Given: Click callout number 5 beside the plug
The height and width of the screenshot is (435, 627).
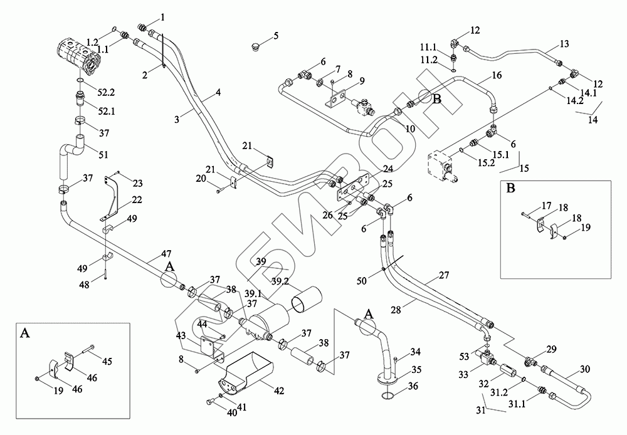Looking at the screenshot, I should (276, 34).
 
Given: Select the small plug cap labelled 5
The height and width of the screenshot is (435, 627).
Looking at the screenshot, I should (258, 46).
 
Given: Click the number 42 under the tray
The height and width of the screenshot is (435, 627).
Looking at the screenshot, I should (278, 391).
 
